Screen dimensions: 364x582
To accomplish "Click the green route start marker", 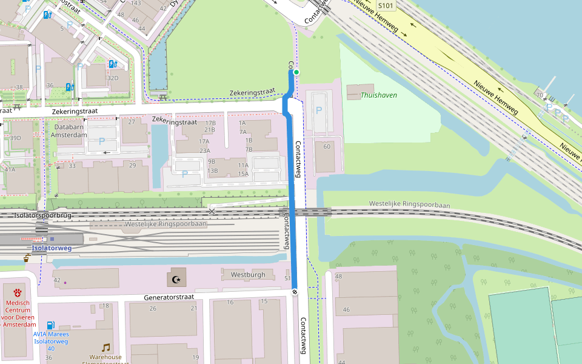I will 296,72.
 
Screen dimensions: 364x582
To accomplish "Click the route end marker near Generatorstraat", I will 295,292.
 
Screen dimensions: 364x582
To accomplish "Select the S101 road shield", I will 386,5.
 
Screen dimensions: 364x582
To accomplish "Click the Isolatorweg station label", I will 52,248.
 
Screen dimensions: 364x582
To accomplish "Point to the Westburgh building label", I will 248,275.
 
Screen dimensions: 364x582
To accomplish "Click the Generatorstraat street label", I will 169,297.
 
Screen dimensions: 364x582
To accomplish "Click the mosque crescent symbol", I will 177,279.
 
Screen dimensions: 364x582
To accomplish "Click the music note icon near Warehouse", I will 106,348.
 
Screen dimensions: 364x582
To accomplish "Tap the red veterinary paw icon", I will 17,292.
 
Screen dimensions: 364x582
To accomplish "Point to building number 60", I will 327,146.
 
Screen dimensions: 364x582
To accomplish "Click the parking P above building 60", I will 318,111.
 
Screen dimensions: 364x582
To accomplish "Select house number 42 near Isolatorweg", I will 57,280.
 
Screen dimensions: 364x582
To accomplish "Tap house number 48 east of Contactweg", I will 338,277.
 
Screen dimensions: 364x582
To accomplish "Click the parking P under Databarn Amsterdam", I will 101,141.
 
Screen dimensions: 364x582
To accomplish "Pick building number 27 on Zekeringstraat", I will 132,122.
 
